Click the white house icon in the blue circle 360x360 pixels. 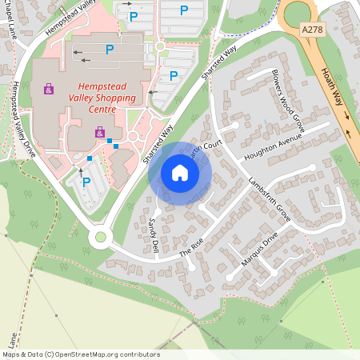point(180,172)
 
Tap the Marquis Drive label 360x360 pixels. point(259,251)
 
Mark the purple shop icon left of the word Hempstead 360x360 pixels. point(49,88)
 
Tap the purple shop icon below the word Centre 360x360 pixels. point(99,132)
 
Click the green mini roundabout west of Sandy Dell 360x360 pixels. point(100,237)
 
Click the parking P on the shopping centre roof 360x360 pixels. point(110,50)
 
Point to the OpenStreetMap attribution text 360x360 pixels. point(81,354)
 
